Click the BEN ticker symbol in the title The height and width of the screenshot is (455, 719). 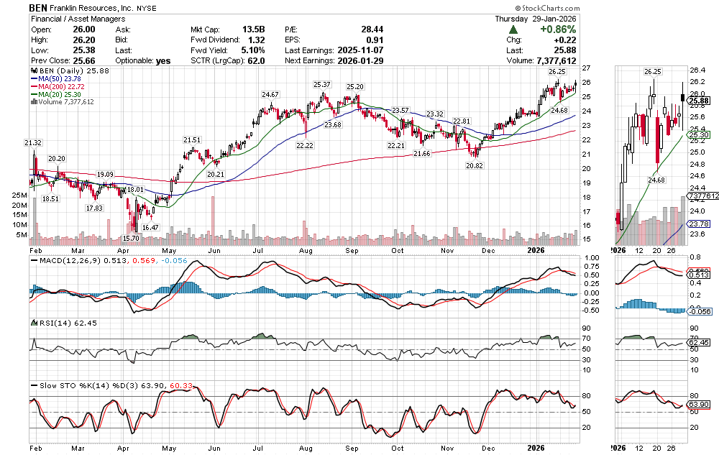click(x=39, y=6)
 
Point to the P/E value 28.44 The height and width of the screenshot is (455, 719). click(x=371, y=29)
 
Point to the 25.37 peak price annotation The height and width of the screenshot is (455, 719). click(x=321, y=85)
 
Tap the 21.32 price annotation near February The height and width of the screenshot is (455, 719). click(x=33, y=143)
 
